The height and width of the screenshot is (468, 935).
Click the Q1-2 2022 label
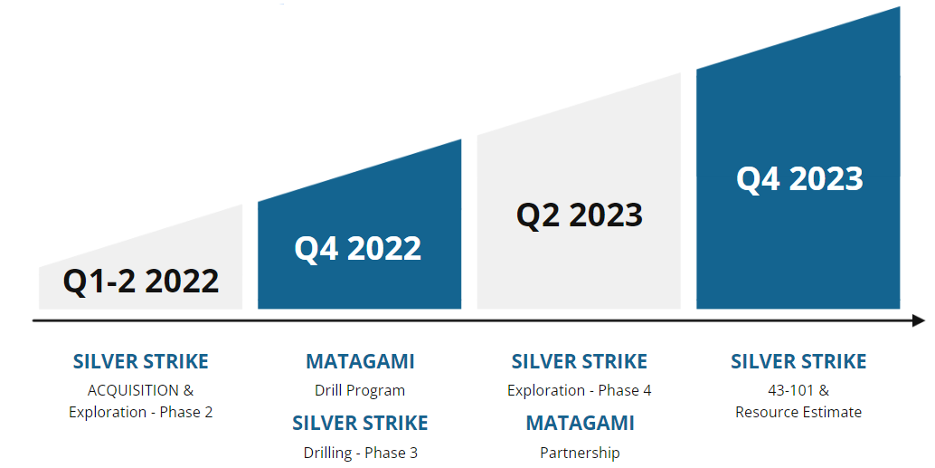[x=141, y=282]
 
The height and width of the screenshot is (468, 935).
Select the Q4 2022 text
[x=358, y=248]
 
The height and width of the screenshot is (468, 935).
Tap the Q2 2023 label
[x=579, y=215]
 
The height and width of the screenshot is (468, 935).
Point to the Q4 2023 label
[x=799, y=178]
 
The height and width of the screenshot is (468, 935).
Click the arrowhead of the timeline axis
[x=919, y=321]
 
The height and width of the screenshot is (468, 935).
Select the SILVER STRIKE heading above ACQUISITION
[x=141, y=362]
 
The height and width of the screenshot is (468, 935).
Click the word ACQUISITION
[x=133, y=390]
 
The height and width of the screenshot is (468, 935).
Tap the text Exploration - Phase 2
[x=141, y=412]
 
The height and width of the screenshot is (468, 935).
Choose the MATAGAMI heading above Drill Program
[x=360, y=362]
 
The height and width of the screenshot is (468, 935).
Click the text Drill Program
[x=360, y=391]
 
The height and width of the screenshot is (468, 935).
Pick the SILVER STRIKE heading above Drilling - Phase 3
[x=360, y=424]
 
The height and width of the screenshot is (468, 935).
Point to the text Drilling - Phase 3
[x=360, y=454]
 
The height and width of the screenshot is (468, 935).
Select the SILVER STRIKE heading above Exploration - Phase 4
[x=579, y=362]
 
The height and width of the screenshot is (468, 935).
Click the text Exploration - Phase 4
[x=579, y=390]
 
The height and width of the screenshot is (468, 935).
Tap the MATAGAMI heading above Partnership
[x=580, y=424]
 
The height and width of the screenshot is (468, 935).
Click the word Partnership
[x=580, y=454]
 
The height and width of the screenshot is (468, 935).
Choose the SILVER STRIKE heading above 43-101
[x=799, y=362]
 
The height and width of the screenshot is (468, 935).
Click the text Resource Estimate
[x=798, y=412]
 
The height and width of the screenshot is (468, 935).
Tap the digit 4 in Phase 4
[x=647, y=391]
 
